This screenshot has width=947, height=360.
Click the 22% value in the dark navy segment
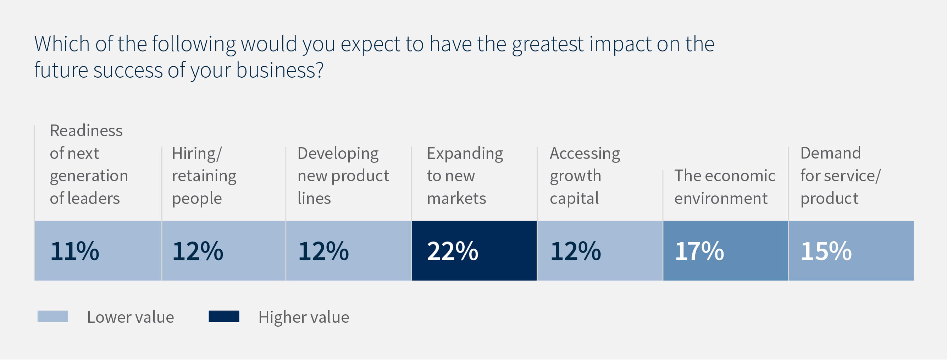click(453, 251)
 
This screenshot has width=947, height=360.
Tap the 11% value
click(74, 251)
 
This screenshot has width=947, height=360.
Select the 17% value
click(699, 251)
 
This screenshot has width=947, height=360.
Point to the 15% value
click(826, 251)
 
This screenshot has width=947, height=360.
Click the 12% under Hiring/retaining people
click(198, 251)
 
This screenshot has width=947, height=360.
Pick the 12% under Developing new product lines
click(323, 251)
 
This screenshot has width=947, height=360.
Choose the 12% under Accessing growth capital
click(575, 251)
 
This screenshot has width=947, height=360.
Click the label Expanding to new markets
click(465, 176)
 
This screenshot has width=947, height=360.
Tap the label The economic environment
click(724, 187)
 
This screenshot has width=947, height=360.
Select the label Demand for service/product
click(840, 176)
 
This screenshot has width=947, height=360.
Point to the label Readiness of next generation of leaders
click(89, 164)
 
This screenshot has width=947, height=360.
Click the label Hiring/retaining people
click(204, 176)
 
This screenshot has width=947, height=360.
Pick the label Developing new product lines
click(343, 176)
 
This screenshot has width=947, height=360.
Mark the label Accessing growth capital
click(585, 176)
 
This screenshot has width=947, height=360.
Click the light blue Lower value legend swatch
click(53, 316)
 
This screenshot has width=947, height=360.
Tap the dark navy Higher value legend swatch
click(224, 316)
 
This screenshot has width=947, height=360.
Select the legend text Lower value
click(131, 317)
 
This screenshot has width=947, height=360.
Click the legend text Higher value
click(304, 317)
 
